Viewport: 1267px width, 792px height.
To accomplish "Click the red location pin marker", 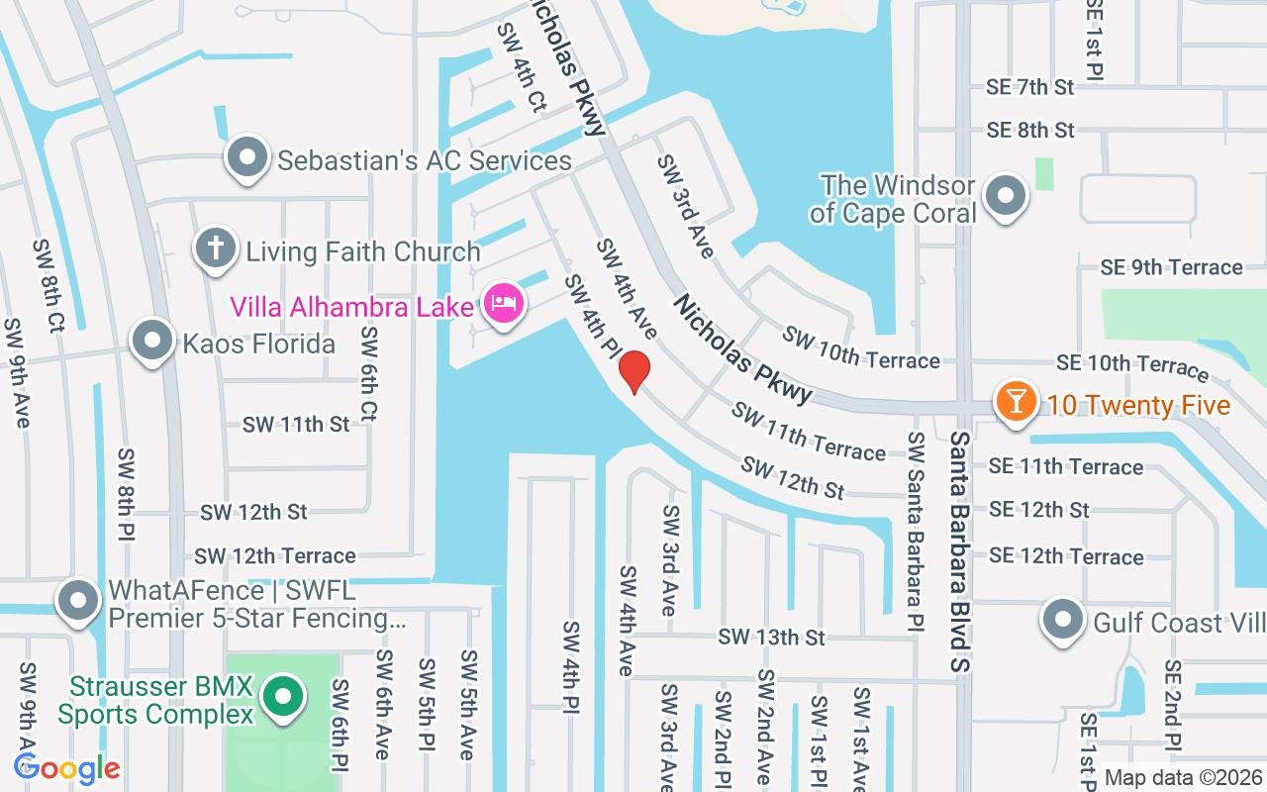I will pyautogui.click(x=634, y=371).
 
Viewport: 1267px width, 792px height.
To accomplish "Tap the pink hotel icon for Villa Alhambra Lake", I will pyautogui.click(x=503, y=302).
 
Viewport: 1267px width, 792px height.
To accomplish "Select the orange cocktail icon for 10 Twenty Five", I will pyautogui.click(x=1016, y=402).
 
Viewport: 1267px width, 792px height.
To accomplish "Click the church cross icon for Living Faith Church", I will pyautogui.click(x=215, y=248).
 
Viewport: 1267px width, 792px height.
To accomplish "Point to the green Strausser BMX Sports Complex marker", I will pyautogui.click(x=284, y=698).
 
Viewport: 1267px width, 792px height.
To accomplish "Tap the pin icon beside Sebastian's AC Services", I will pyautogui.click(x=246, y=157).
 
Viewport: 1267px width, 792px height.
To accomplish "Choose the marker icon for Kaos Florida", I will pyautogui.click(x=151, y=341).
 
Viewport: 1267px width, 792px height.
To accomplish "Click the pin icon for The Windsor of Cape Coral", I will pyautogui.click(x=1008, y=195).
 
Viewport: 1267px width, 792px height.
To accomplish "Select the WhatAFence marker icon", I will pyautogui.click(x=78, y=601).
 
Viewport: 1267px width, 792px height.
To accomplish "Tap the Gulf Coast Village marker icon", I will pyautogui.click(x=1063, y=620).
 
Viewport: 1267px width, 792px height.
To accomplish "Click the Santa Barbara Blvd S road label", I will pyautogui.click(x=958, y=550).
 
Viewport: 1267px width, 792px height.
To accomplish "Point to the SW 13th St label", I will pyautogui.click(x=771, y=637).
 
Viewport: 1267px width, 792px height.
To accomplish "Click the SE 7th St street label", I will pyautogui.click(x=1029, y=87).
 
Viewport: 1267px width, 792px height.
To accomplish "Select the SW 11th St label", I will pyautogui.click(x=296, y=424).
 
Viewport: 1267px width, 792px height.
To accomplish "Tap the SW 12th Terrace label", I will pyautogui.click(x=275, y=556).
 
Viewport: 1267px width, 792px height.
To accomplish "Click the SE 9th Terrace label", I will pyautogui.click(x=1171, y=267).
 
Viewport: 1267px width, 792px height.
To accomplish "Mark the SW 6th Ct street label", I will pyautogui.click(x=368, y=374).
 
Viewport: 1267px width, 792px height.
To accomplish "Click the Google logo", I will pyautogui.click(x=66, y=768).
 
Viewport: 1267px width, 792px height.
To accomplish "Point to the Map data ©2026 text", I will pyautogui.click(x=1183, y=778).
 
